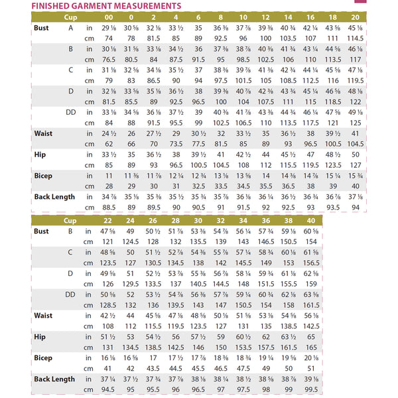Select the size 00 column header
click(x=107, y=17)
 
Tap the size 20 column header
click(x=355, y=17)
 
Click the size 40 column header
click(x=310, y=220)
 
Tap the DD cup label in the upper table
click(x=70, y=112)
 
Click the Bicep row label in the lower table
click(x=42, y=358)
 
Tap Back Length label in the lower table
click(x=54, y=379)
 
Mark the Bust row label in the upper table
click(x=42, y=28)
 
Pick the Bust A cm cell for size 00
click(x=107, y=38)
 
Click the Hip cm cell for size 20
click(x=355, y=165)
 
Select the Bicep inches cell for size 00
click(x=107, y=176)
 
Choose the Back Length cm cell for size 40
click(x=310, y=389)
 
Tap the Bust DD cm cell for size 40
click(x=310, y=305)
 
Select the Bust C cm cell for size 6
click(x=197, y=80)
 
